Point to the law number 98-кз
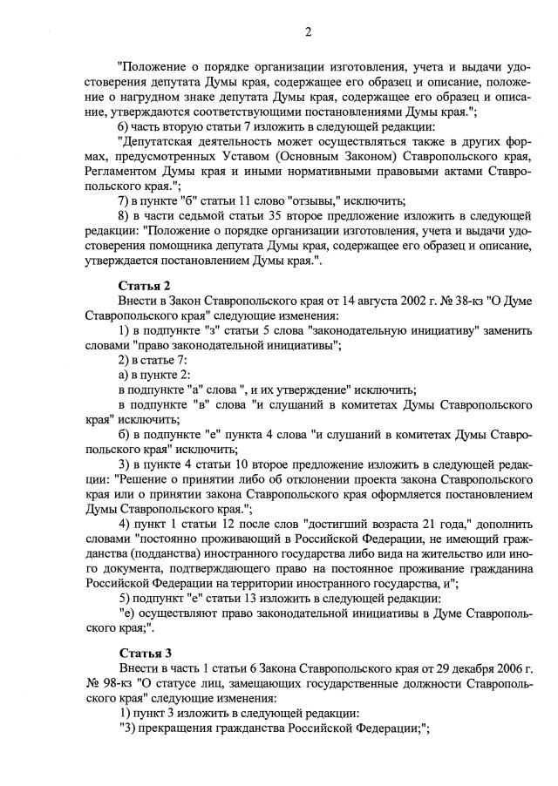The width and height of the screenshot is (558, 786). pos(110,683)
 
